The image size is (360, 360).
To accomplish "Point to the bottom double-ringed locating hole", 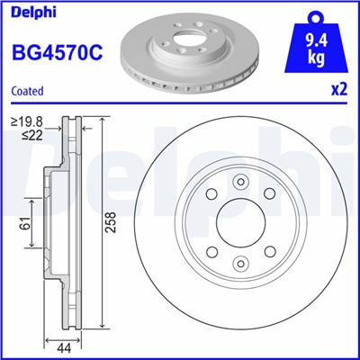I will click(x=241, y=264).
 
